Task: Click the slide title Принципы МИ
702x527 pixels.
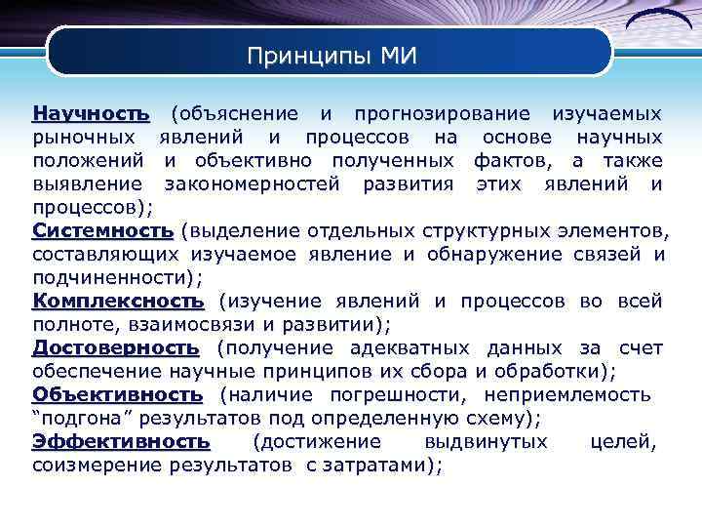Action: tap(331, 56)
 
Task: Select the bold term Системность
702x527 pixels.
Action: tap(102, 230)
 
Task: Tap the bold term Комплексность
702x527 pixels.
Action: tap(119, 301)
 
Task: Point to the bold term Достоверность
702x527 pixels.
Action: tap(116, 347)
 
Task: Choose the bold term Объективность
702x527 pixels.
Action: tap(118, 394)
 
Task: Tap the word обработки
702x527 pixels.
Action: tap(551, 371)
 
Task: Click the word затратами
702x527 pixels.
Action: tap(374, 466)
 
